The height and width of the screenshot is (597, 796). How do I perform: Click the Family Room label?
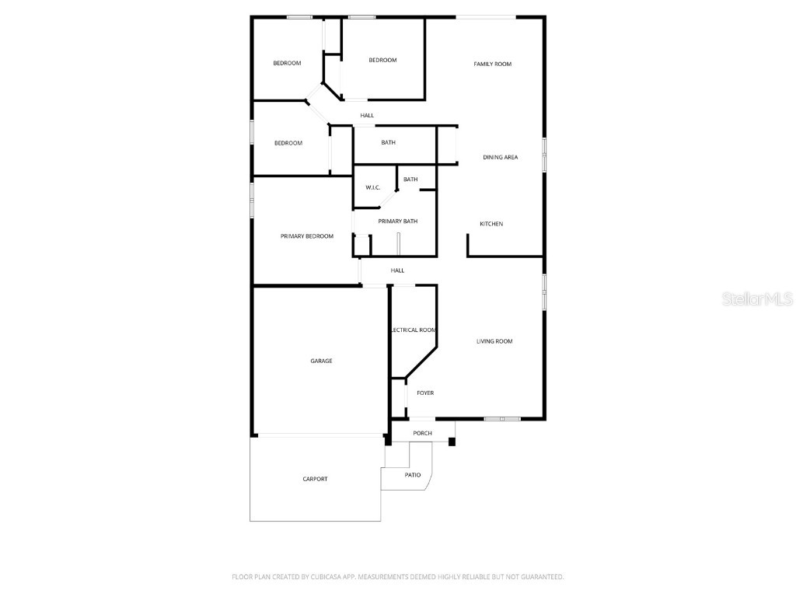pyautogui.click(x=493, y=64)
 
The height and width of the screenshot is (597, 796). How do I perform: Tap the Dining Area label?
pyautogui.click(x=500, y=157)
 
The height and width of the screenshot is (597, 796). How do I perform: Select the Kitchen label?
pyautogui.click(x=491, y=224)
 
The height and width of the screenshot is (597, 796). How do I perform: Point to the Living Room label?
pyautogui.click(x=494, y=341)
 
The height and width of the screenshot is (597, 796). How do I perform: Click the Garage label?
pyautogui.click(x=321, y=361)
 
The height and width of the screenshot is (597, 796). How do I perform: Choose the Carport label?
pyautogui.click(x=315, y=479)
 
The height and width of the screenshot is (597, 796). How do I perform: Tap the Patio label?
pyautogui.click(x=413, y=474)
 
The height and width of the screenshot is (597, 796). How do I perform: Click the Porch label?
pyautogui.click(x=422, y=433)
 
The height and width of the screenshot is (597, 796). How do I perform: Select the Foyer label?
pyautogui.click(x=425, y=393)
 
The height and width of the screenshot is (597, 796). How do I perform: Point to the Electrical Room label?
pyautogui.click(x=414, y=330)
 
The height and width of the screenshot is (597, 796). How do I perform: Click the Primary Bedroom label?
pyautogui.click(x=307, y=236)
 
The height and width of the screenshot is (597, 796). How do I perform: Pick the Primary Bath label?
pyautogui.click(x=398, y=221)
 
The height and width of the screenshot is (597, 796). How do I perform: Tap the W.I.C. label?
pyautogui.click(x=372, y=187)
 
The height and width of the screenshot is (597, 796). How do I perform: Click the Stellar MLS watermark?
pyautogui.click(x=757, y=298)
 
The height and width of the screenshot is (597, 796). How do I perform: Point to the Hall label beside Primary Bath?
pyautogui.click(x=397, y=271)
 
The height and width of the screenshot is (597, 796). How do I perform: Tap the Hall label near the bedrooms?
pyautogui.click(x=367, y=115)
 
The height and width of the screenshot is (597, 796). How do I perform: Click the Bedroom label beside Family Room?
pyautogui.click(x=382, y=60)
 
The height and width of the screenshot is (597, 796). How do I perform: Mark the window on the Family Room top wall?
pyautogui.click(x=485, y=17)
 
